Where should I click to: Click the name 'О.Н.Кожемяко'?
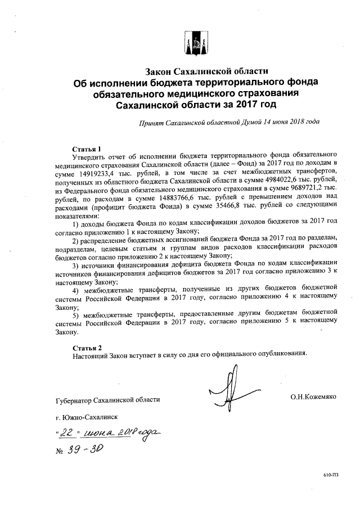(x=313, y=397)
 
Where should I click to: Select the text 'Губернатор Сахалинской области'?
(x=108, y=399)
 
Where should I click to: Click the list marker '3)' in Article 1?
(x=77, y=262)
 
